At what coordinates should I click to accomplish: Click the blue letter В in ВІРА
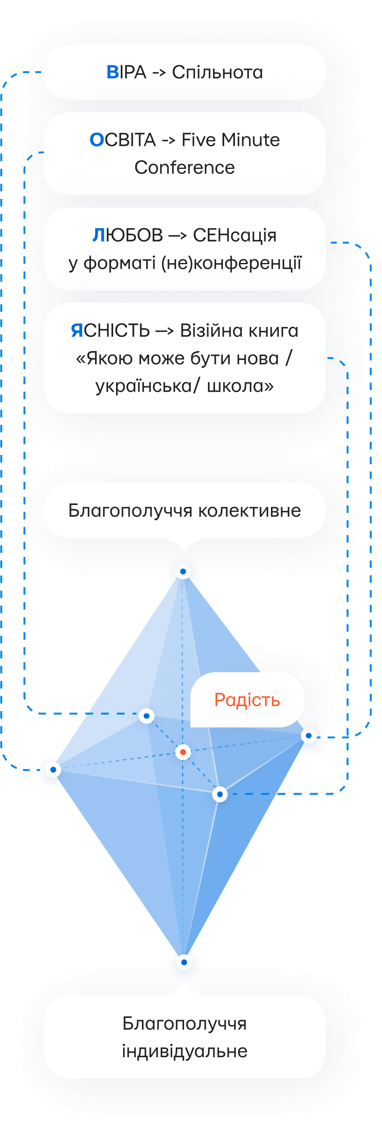[113, 72]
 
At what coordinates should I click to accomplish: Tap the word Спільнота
[218, 72]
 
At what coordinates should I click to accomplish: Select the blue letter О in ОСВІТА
[96, 140]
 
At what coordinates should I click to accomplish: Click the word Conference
[185, 168]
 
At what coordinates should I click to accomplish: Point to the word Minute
[250, 140]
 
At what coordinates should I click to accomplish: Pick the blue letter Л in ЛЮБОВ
[99, 236]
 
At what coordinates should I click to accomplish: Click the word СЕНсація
[235, 236]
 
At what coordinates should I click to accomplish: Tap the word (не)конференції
[231, 263]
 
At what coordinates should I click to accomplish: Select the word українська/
[147, 386]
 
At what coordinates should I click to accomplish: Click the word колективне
[250, 511]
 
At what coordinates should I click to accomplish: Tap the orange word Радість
[247, 700]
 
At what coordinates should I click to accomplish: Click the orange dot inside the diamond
[182, 752]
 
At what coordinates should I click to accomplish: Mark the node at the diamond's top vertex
[183, 572]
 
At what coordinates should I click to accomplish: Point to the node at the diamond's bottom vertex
[184, 962]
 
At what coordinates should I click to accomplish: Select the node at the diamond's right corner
[309, 735]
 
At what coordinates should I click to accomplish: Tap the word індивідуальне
[185, 1051]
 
